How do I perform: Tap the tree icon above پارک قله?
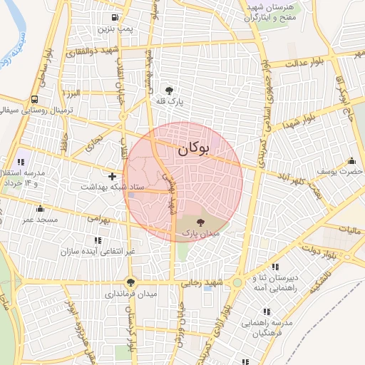[169, 91]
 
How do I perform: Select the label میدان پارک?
[200, 233]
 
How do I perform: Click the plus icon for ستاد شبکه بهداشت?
[112, 175]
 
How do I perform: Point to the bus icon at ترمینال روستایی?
[35, 100]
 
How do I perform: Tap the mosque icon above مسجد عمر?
[40, 209]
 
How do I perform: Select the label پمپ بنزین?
[116, 29]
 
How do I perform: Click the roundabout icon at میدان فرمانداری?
[129, 282]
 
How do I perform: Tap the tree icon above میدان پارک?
[199, 222]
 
